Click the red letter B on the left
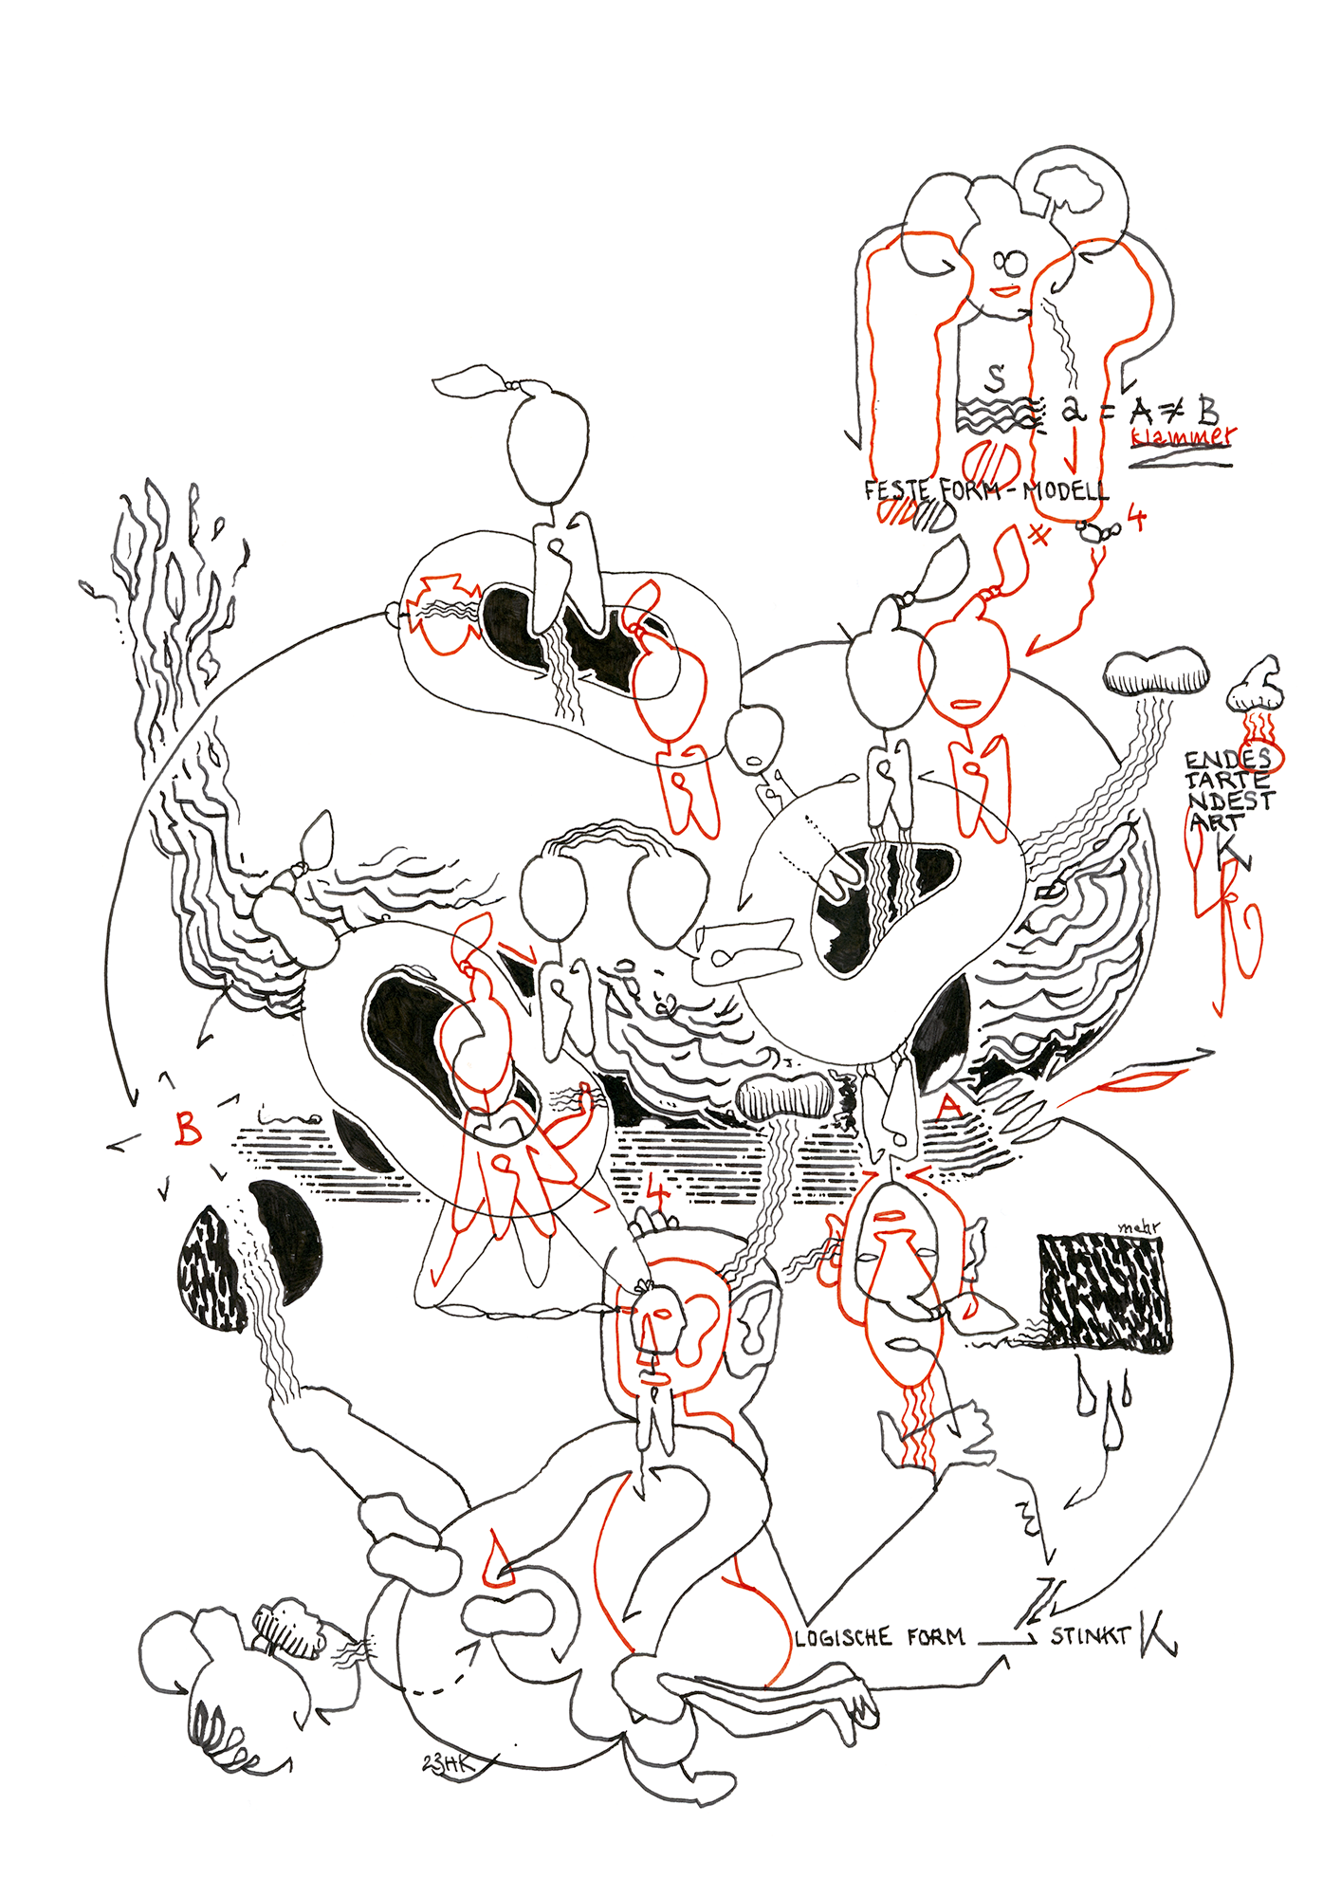(x=189, y=1128)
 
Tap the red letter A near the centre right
(x=949, y=1107)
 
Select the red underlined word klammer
(x=1183, y=437)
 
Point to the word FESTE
(x=898, y=490)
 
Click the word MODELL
(x=1065, y=491)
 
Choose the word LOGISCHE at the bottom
(x=843, y=1637)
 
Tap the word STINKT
(x=1090, y=1635)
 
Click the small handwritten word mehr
(x=1138, y=1227)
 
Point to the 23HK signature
(x=447, y=1762)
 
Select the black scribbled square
(x=1105, y=1292)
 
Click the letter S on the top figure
(x=994, y=378)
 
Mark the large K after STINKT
(x=1157, y=1632)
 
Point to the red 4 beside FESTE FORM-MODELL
(x=1135, y=519)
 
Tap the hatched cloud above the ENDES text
(x=1156, y=672)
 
